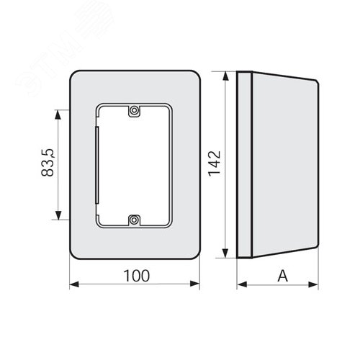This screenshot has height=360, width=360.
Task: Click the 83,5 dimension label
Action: pyautogui.click(x=48, y=163)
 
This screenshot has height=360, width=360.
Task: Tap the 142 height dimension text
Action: pyautogui.click(x=215, y=163)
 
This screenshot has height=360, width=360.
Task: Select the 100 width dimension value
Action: pyautogui.click(x=137, y=276)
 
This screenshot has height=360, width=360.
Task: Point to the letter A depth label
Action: pyautogui.click(x=282, y=276)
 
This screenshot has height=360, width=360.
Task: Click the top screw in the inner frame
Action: pyautogui.click(x=134, y=111)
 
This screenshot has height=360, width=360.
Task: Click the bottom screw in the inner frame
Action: pyautogui.click(x=134, y=220)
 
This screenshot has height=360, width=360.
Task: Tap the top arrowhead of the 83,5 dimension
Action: pyautogui.click(x=58, y=114)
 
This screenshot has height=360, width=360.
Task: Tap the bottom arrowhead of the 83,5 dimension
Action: pyautogui.click(x=58, y=215)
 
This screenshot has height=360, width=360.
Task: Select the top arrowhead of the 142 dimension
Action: pyautogui.click(x=225, y=76)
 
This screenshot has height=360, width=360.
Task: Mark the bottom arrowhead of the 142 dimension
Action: pyautogui.click(x=225, y=253)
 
